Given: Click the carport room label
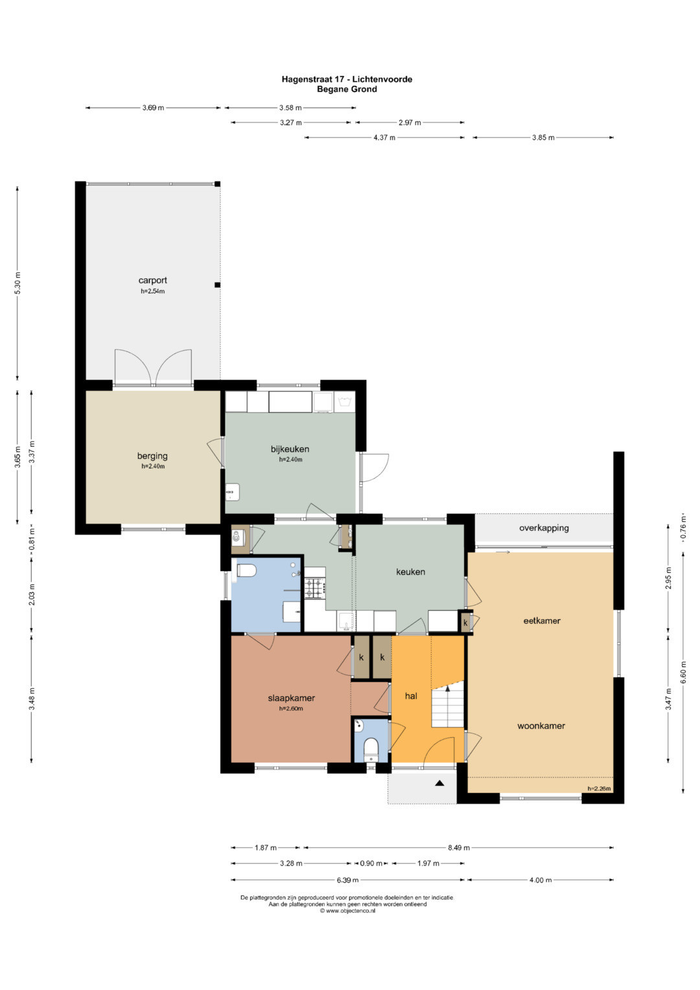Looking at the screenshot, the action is (152, 280).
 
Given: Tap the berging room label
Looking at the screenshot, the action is (152, 456).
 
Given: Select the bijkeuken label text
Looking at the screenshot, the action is (290, 449).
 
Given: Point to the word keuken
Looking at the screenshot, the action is (410, 572).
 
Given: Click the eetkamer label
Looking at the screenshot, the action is (542, 620).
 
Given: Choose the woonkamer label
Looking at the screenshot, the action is (541, 725).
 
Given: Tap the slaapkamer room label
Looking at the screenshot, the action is (291, 698).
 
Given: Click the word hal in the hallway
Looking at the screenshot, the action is (411, 696).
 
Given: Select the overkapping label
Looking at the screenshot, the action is (544, 528).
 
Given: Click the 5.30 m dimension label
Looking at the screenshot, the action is (17, 283).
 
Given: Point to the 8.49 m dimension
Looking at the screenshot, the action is (459, 847).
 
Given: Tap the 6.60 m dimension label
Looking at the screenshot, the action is (684, 672).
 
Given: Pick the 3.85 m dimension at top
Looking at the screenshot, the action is (543, 137).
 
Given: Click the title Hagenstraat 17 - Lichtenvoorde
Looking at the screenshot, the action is (347, 80).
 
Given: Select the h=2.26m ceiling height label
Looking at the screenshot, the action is (600, 788).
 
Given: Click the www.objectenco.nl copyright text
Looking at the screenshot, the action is (347, 910).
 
